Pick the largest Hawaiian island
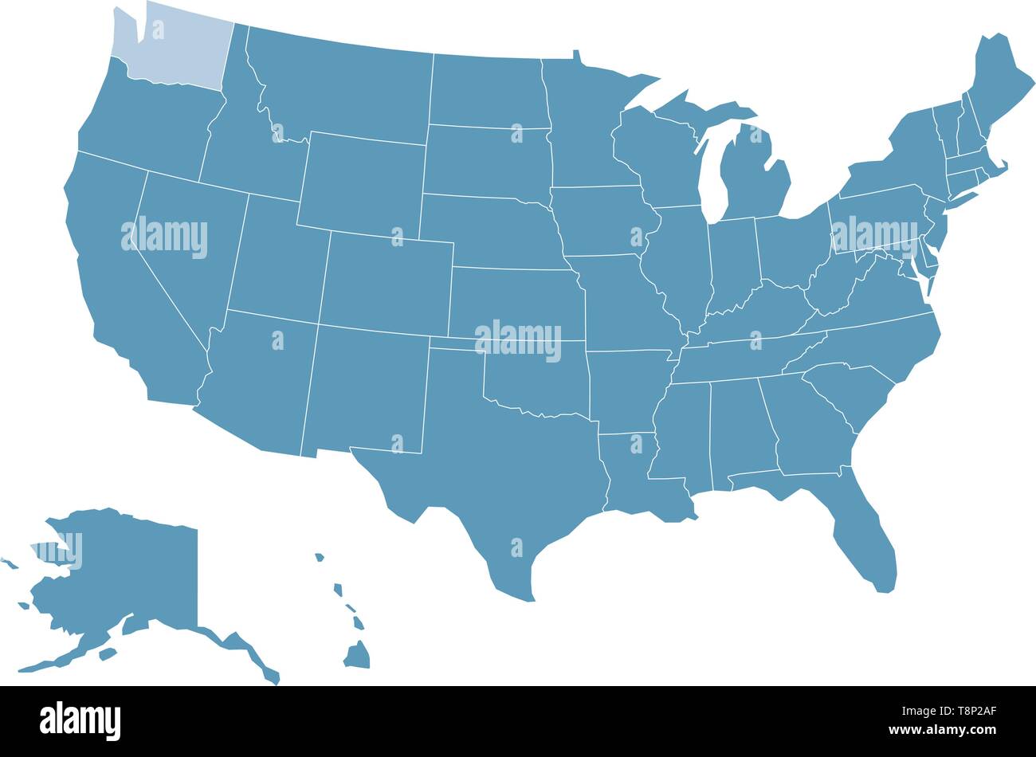point(358,656)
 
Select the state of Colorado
point(387,283)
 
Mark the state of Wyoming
point(363,183)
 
